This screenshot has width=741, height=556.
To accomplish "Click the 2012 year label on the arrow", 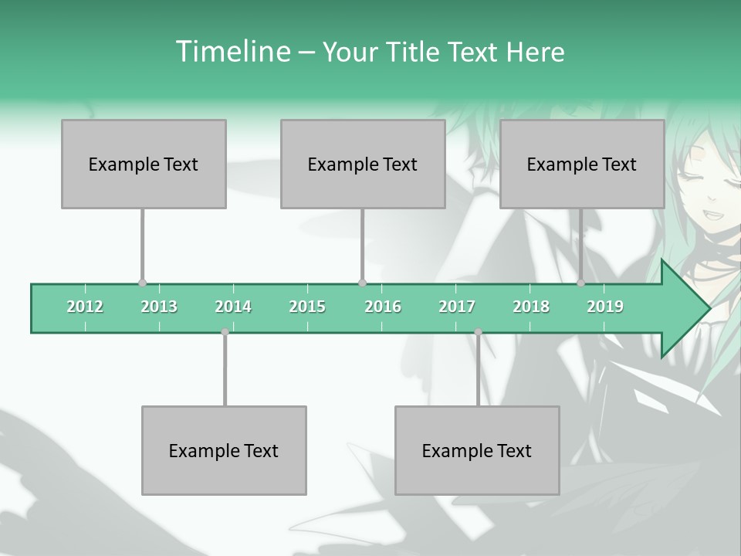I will pos(85,307).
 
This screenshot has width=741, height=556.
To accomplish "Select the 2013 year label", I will pos(159,307).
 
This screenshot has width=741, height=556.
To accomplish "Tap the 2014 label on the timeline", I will pos(233,307).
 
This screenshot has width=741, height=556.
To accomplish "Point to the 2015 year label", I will pos(307,307).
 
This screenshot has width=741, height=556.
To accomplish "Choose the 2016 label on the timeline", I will pos(383,307).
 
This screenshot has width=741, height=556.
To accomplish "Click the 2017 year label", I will pos(457,307).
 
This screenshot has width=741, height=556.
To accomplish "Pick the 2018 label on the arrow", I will pos(531,307).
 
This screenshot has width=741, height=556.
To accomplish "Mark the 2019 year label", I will pos(605,307).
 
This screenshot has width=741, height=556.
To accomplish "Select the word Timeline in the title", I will pos(232,52).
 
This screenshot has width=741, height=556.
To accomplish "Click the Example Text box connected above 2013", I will pos(144,164).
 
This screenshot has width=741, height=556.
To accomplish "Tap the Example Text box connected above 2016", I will pos(363,164).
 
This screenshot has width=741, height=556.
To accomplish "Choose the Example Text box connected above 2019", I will pos(582,164).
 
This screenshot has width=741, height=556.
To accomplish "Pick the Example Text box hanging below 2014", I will pos(224,450).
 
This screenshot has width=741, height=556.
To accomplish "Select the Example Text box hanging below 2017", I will pos(477,450).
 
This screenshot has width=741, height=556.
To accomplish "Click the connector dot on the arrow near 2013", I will pos(142,283).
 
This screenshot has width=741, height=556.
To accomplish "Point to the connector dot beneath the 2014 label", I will pos(225,332).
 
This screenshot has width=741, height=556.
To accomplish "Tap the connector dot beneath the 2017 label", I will pos(478,332).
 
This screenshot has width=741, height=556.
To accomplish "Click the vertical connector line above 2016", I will pos(363,246).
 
